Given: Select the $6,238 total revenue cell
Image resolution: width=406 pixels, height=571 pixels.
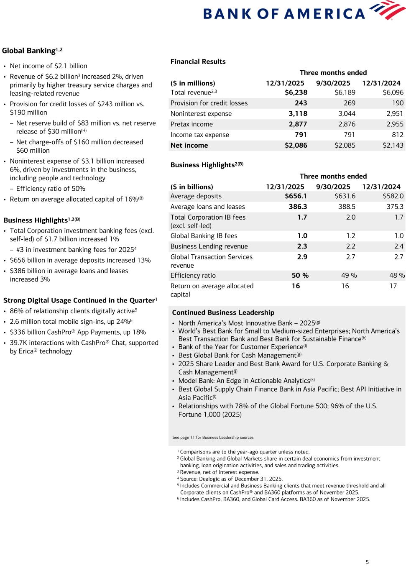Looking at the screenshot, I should point(296,92).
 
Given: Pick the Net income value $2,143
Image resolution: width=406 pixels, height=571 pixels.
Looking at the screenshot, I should point(393,146).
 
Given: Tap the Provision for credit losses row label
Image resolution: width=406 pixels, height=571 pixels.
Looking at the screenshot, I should point(209,103).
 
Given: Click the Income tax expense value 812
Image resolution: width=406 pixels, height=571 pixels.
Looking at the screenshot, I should point(397,135).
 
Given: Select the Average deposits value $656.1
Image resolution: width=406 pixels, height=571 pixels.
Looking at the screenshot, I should point(296,196).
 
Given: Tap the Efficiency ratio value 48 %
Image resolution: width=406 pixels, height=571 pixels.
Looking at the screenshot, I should point(397,276).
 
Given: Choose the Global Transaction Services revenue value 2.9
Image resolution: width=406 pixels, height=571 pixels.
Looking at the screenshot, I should point(302,257).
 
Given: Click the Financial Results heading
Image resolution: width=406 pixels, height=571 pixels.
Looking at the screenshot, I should point(198,62).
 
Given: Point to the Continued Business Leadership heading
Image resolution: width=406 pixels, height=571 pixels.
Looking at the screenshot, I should point(223,313).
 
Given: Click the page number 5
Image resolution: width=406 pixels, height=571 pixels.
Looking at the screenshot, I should point(367,562).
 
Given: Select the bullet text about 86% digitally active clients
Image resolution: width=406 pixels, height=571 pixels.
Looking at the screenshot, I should point(73,311).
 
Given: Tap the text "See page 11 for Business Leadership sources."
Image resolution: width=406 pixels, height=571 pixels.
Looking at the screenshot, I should point(213,438).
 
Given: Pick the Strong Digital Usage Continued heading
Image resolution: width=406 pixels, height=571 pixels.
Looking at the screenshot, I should point(80,301).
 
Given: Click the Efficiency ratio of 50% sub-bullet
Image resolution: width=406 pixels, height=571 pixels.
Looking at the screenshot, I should point(51,189).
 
